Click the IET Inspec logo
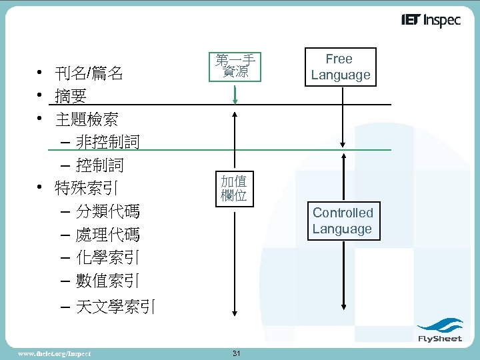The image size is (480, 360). click(431, 21)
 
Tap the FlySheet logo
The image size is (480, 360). click(439, 331)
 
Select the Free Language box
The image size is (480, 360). click(340, 67)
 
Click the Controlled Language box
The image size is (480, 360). click(343, 221)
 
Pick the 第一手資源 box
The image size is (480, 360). click(235, 66)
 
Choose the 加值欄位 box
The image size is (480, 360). click(234, 188)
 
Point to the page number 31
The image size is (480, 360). click(236, 353)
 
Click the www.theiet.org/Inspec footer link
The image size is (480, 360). click(55, 353)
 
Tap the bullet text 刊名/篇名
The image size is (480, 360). click(89, 73)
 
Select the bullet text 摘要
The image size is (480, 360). click(71, 97)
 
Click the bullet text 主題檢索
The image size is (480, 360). click(87, 120)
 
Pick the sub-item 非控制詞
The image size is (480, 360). click(107, 142)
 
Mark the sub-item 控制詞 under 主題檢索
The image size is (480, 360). click(100, 165)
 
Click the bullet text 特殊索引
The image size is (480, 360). click(87, 188)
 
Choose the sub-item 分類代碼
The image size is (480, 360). click(107, 212)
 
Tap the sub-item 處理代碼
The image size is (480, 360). click(107, 235)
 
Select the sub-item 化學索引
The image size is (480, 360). click(107, 258)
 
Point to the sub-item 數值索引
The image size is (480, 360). click(107, 281)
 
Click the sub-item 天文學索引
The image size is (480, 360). click(115, 307)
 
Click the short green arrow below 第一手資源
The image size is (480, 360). click(235, 94)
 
